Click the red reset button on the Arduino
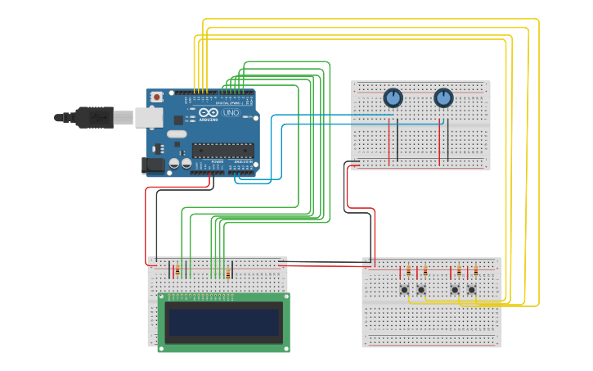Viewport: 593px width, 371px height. (x=156, y=97)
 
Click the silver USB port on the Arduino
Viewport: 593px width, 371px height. (x=148, y=118)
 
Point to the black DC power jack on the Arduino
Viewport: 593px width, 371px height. (x=153, y=165)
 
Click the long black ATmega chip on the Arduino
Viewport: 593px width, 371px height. (x=222, y=150)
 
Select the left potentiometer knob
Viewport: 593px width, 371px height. (x=393, y=98)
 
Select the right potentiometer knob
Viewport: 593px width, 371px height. (x=443, y=98)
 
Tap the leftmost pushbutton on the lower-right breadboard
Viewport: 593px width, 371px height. (x=404, y=289)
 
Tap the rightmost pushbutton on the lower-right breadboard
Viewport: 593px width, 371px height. (x=472, y=289)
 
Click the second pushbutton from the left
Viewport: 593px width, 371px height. (x=421, y=289)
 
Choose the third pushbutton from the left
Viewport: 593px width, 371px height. (x=455, y=289)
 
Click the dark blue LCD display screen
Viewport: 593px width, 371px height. (x=223, y=323)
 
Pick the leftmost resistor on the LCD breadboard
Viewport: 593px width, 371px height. (x=177, y=270)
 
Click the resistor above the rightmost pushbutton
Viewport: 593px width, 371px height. (x=475, y=270)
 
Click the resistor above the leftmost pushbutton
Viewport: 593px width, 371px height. (x=408, y=270)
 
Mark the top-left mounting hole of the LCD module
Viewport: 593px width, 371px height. (x=162, y=297)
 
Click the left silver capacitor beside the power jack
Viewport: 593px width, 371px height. (x=174, y=164)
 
